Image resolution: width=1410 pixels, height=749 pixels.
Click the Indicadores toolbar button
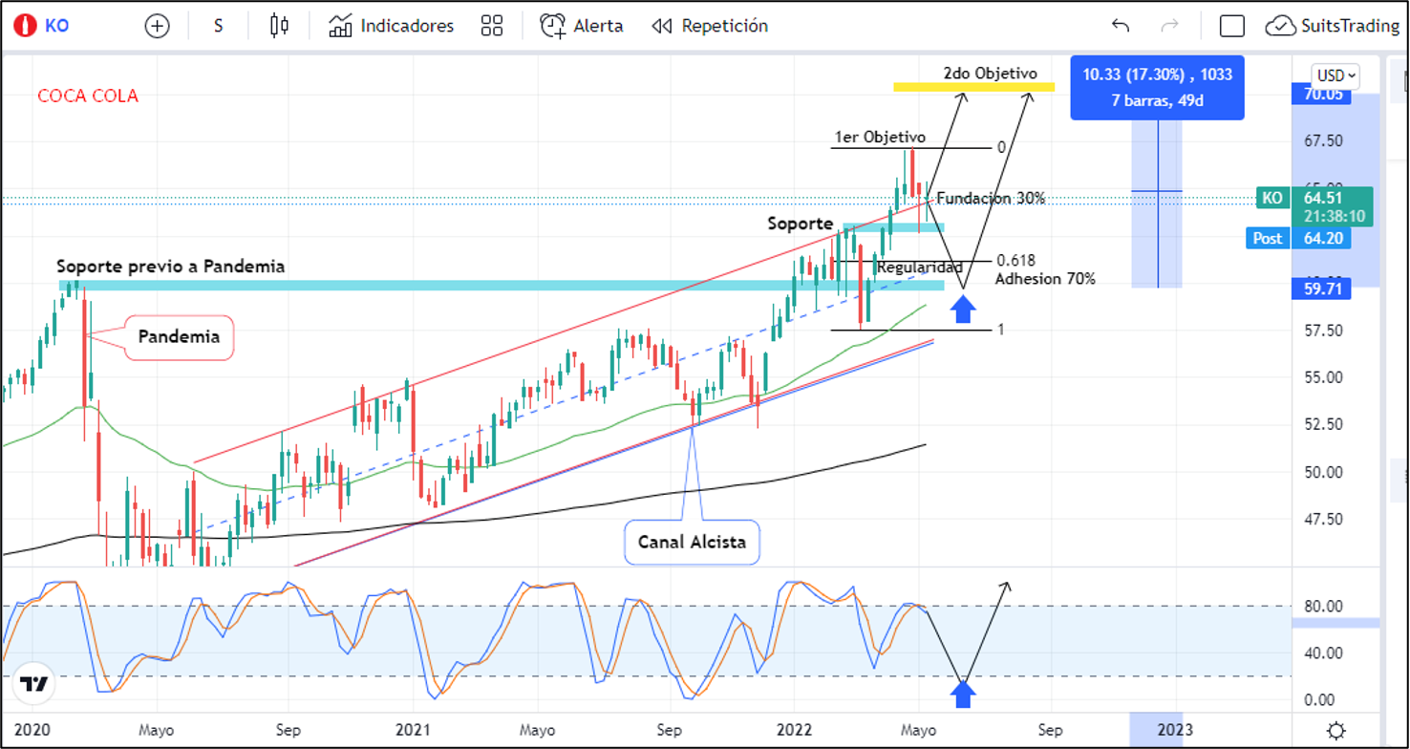[391, 26]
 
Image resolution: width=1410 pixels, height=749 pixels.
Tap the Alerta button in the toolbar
[582, 26]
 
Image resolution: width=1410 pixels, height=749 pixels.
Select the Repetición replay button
[710, 26]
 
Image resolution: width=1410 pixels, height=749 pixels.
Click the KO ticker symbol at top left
[56, 26]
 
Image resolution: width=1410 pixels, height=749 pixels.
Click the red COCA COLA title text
[88, 96]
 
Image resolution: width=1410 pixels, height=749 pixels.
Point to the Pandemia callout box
[179, 337]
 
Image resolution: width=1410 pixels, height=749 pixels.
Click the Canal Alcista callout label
[692, 543]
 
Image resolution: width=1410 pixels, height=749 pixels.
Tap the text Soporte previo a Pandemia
[170, 267]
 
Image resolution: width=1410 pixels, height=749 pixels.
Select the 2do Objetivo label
[990, 74]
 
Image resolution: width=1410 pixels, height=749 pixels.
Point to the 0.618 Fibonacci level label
[1015, 261]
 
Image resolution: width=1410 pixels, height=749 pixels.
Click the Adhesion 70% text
[1045, 279]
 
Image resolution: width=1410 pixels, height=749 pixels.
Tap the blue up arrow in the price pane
[963, 309]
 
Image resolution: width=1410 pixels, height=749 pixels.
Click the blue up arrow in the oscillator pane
[963, 694]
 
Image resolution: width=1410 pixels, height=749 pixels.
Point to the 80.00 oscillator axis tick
[1323, 607]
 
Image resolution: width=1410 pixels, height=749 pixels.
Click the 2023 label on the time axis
[1174, 731]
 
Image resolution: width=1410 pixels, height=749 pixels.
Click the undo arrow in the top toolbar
[1121, 26]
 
